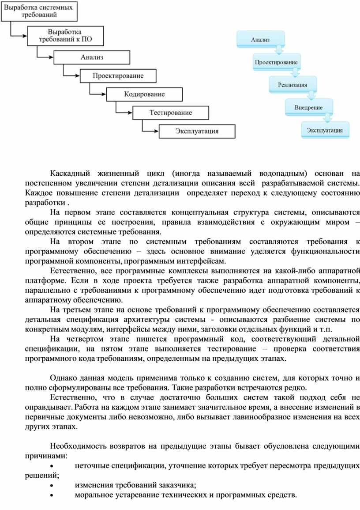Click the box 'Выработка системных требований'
(x=39, y=11)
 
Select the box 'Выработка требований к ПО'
(x=65, y=35)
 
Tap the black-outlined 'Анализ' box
(x=92, y=57)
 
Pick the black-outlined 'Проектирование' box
(x=118, y=76)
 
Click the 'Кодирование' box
(x=144, y=94)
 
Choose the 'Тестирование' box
(x=171, y=112)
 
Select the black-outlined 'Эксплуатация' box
(x=197, y=131)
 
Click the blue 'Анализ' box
(x=260, y=39)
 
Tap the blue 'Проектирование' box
(x=276, y=62)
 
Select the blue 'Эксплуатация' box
(x=325, y=130)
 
